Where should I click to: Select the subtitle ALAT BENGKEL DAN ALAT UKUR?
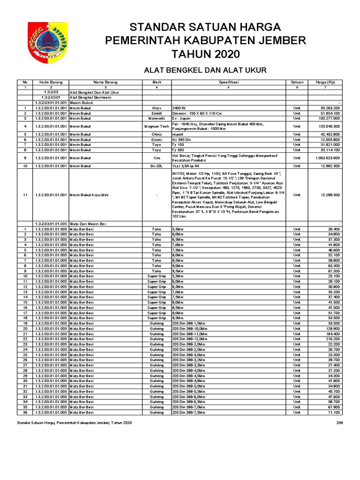click(x=204, y=70)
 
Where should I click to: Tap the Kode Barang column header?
click(x=51, y=82)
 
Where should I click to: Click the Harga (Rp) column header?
click(x=324, y=82)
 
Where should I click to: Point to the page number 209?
click(x=340, y=423)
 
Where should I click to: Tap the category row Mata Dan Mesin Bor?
click(x=92, y=224)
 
